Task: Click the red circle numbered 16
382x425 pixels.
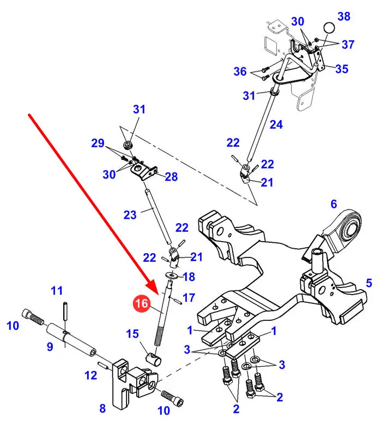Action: tap(142, 304)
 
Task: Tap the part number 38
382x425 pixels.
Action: tap(344, 16)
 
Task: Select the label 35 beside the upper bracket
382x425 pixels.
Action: tap(342, 69)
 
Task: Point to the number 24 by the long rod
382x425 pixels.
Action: tap(276, 124)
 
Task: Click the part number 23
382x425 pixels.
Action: tap(130, 215)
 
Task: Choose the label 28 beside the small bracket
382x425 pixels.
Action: tap(171, 177)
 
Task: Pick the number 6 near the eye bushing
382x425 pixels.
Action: tap(334, 205)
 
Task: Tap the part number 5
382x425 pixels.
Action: tap(369, 283)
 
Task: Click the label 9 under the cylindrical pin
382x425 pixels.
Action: tap(50, 346)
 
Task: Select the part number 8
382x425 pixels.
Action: tap(102, 408)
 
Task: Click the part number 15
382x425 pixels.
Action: tap(90, 375)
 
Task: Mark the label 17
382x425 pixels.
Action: tap(189, 297)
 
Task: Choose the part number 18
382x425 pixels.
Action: tap(189, 277)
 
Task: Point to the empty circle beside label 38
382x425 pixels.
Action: tap(330, 28)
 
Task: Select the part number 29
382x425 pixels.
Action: tap(98, 143)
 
